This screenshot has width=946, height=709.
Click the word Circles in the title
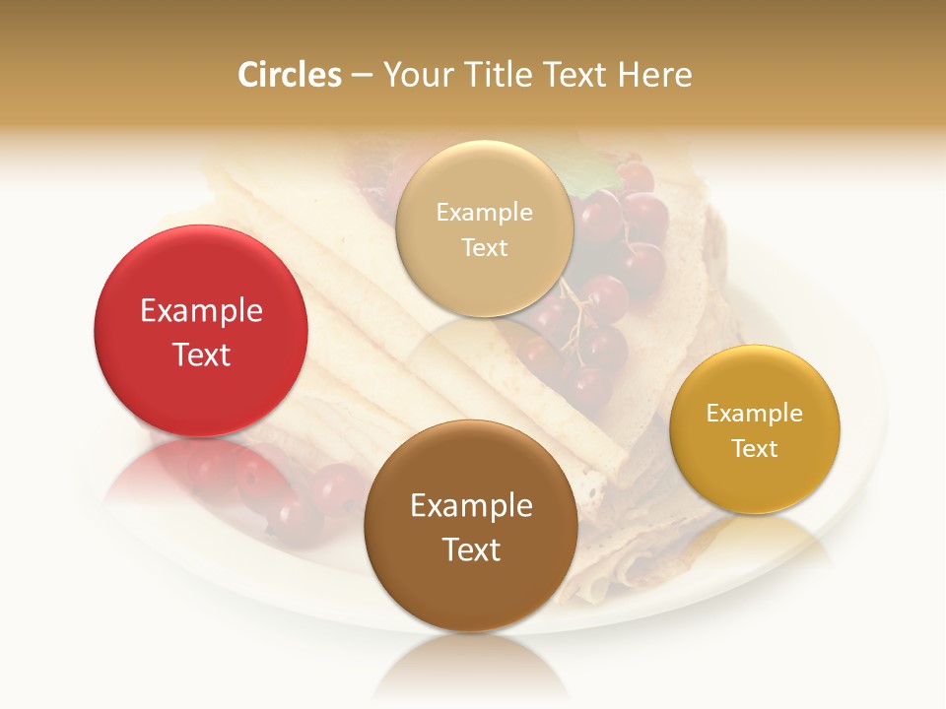pyautogui.click(x=289, y=75)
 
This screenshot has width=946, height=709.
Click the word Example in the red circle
pyautogui.click(x=201, y=311)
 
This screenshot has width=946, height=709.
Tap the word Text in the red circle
pyautogui.click(x=201, y=354)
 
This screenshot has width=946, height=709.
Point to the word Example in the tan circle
pyautogui.click(x=484, y=212)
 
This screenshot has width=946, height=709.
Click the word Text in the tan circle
pyautogui.click(x=484, y=247)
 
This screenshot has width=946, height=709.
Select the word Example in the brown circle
pyautogui.click(x=471, y=506)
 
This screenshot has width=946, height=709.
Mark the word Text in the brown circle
pyautogui.click(x=471, y=549)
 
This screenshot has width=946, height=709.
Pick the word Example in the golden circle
pyautogui.click(x=755, y=414)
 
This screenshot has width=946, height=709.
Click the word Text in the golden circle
pyautogui.click(x=755, y=449)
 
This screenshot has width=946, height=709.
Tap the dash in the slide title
pyautogui.click(x=362, y=76)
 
